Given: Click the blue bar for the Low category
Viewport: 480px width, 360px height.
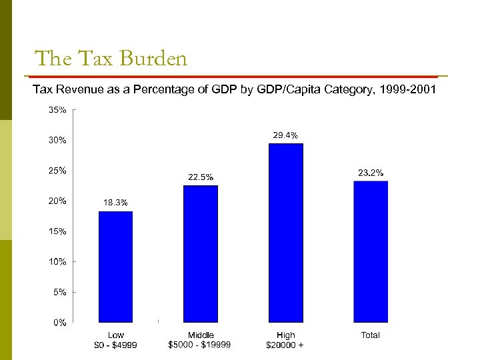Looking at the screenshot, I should [115, 267].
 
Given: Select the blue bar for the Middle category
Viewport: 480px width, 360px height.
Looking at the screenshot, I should [200, 254].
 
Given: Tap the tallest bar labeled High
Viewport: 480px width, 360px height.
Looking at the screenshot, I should [285, 233].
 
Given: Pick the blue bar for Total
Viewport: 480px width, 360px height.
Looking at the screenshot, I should [370, 251].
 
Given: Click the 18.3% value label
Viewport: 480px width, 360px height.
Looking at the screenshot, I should [115, 202].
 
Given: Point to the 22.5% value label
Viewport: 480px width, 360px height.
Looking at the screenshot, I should [200, 177].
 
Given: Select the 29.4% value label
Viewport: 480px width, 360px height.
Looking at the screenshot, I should [285, 135].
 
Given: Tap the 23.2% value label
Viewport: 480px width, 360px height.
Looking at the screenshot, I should [371, 173].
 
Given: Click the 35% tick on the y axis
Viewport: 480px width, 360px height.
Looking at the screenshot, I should [57, 110].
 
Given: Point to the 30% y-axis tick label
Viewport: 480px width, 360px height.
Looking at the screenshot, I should [57, 141].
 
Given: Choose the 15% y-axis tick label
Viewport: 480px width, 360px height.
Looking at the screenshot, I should [57, 231].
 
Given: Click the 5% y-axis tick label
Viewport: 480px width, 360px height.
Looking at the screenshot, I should [60, 292].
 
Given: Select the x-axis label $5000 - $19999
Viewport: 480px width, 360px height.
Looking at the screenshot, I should [200, 345].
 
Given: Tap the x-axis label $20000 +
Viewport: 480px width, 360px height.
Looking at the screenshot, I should [285, 345].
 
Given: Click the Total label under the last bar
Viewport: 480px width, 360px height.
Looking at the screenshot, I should [370, 335].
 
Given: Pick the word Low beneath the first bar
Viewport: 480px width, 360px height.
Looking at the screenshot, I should [116, 335].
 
